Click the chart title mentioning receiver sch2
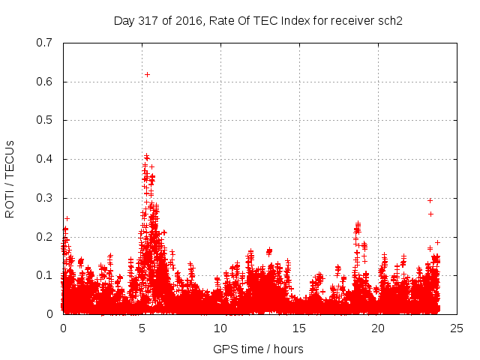click(x=258, y=20)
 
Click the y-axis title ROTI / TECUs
click(x=10, y=178)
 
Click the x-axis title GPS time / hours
click(x=258, y=349)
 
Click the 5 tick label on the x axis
click(x=142, y=328)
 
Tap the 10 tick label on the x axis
click(x=220, y=328)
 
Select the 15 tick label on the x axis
click(x=299, y=328)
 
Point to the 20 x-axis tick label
click(x=378, y=328)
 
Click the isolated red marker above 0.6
click(x=147, y=74)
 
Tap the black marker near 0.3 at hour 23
click(x=430, y=200)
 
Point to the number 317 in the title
click(x=149, y=20)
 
